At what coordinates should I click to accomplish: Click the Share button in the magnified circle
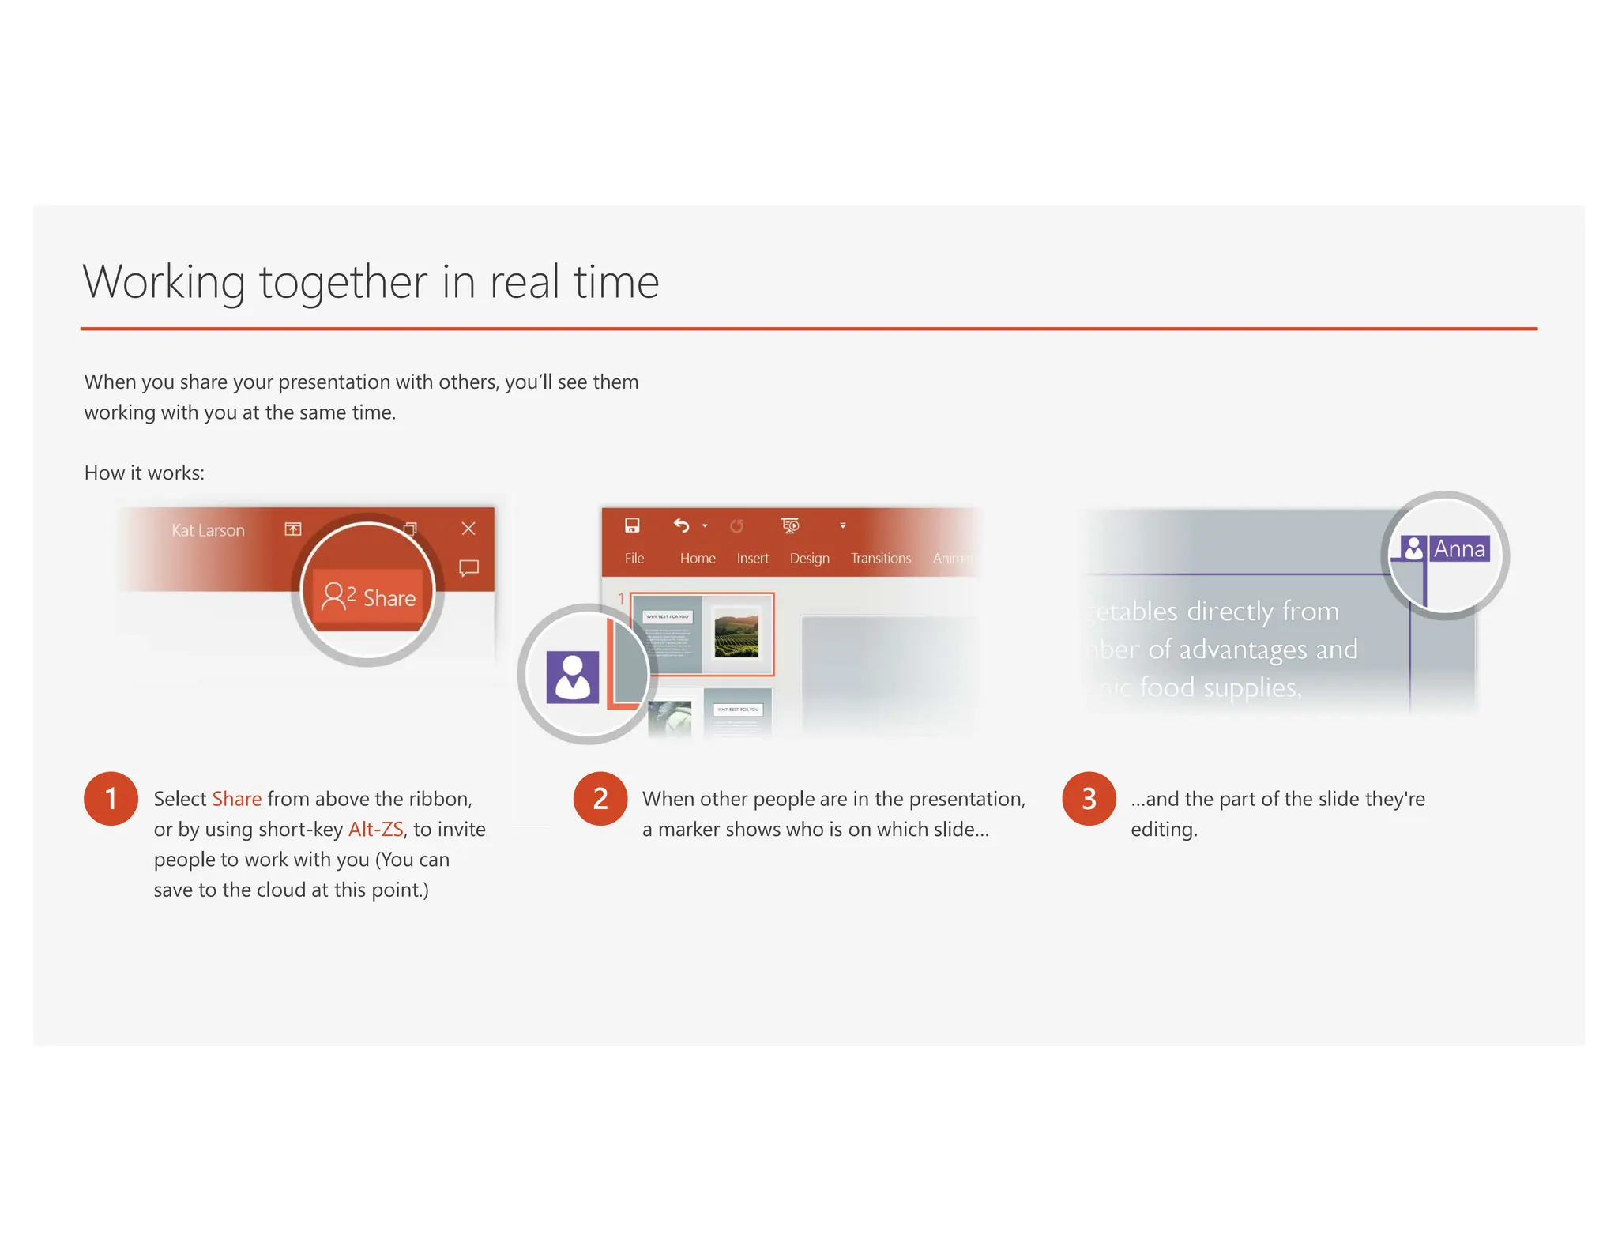[369, 597]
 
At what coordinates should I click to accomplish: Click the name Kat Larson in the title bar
[208, 530]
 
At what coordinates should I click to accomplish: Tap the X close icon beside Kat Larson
[468, 529]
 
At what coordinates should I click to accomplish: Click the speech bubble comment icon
[469, 567]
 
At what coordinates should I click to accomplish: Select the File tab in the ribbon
[634, 558]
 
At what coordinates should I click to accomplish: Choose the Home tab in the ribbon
[698, 558]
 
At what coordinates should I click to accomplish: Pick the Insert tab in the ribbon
[752, 558]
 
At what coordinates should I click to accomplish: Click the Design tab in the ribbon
[809, 558]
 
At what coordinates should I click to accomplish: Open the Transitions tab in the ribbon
[880, 558]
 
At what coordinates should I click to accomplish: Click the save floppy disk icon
[632, 525]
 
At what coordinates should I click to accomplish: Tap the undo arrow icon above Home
[681, 525]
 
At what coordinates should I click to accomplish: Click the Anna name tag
[1458, 548]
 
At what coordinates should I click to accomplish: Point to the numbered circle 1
[111, 798]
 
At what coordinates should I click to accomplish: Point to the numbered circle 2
[600, 798]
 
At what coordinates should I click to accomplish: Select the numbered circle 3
[1089, 798]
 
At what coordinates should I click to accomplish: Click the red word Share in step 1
[236, 799]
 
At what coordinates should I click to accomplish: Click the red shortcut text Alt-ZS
[375, 829]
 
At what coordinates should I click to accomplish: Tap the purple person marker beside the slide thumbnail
[572, 677]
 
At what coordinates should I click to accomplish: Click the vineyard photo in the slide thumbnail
[736, 633]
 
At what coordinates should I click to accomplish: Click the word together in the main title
[343, 282]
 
